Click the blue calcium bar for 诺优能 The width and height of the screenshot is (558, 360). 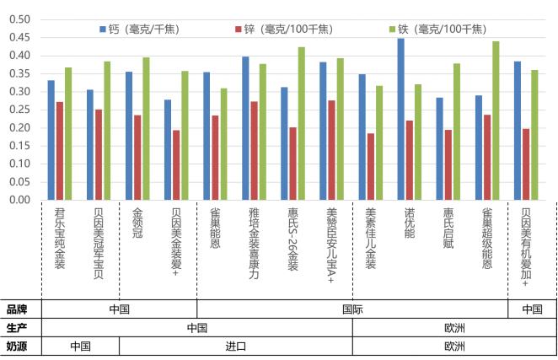click(x=400, y=119)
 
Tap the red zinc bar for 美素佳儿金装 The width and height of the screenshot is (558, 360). click(x=370, y=166)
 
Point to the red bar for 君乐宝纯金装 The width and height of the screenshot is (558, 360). click(x=60, y=151)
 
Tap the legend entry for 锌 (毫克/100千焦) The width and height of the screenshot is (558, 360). click(x=288, y=28)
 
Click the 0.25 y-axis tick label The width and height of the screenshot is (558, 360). click(x=19, y=110)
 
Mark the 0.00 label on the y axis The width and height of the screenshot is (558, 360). click(x=19, y=200)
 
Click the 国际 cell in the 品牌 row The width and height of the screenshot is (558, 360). click(x=351, y=309)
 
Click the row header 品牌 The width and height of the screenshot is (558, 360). click(x=18, y=309)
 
